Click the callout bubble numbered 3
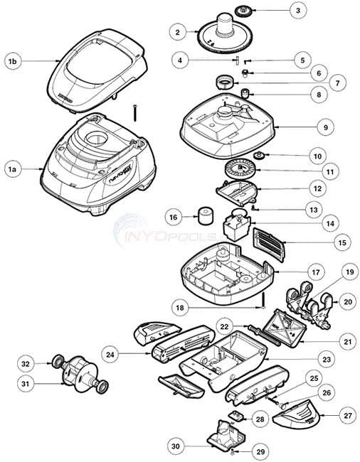pos(298,11)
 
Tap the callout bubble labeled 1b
pos(12,63)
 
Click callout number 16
pos(172,216)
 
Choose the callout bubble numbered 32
pos(26,363)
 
